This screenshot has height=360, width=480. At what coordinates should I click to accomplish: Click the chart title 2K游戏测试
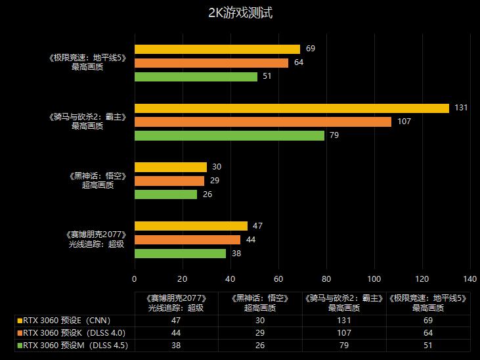click(x=240, y=13)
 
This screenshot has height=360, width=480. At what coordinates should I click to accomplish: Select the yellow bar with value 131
click(x=292, y=108)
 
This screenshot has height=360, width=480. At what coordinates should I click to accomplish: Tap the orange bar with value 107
click(x=263, y=122)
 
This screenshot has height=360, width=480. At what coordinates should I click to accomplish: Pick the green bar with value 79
click(x=229, y=135)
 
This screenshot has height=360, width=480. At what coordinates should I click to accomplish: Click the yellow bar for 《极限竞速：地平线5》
click(x=217, y=49)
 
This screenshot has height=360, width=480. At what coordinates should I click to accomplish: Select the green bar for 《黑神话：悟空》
click(x=165, y=194)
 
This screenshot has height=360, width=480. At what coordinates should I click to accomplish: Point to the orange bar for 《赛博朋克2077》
click(x=187, y=240)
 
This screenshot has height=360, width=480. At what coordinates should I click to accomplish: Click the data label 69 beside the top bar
click(x=311, y=49)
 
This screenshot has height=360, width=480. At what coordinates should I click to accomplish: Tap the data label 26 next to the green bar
click(x=207, y=194)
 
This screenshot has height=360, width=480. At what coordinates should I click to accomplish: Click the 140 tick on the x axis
click(x=469, y=277)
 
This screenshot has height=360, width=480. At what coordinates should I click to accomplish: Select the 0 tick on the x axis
click(x=135, y=277)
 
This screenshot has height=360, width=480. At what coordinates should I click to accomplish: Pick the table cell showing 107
click(x=345, y=333)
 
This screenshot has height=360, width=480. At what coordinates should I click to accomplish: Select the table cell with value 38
click(x=176, y=345)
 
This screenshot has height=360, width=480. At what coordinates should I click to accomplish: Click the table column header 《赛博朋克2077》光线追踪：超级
click(x=176, y=302)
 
